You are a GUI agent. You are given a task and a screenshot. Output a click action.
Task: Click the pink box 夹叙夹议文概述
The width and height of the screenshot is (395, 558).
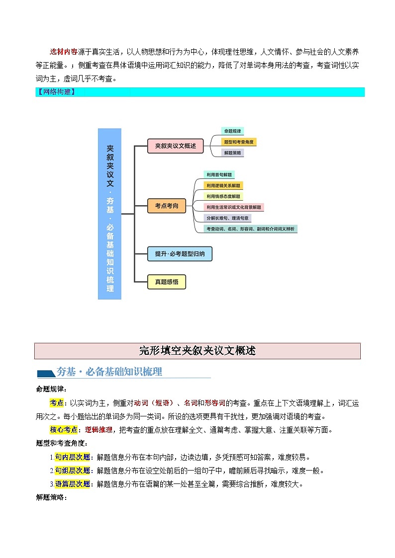(176, 146)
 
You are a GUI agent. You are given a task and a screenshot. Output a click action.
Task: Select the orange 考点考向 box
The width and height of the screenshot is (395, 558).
(167, 206)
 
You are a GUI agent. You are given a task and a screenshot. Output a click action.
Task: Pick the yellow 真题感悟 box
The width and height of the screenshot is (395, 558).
(167, 282)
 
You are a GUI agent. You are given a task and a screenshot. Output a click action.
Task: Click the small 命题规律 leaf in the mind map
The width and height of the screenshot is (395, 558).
(232, 131)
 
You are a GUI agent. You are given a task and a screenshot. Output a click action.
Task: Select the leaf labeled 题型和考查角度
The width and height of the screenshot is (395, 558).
(239, 142)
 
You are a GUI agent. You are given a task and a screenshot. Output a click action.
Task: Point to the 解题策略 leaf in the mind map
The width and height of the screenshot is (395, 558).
(232, 153)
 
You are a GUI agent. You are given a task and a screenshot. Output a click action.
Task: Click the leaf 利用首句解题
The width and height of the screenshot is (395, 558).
(219, 175)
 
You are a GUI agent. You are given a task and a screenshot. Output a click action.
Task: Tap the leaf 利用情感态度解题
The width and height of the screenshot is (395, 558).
(223, 196)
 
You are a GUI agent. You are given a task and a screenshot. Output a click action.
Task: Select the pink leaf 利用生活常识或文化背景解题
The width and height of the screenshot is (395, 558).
(234, 207)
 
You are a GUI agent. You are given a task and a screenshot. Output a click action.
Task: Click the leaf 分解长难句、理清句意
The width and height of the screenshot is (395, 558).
(228, 218)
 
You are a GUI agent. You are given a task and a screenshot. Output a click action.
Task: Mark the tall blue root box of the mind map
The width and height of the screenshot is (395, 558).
(109, 214)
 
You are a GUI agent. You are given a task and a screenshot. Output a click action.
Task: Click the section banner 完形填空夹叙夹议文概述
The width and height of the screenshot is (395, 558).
(197, 351)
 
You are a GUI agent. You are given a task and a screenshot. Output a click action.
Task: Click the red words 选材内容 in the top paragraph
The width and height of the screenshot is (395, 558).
(63, 52)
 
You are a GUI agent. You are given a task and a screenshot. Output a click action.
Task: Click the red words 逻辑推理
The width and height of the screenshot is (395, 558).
(99, 430)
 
